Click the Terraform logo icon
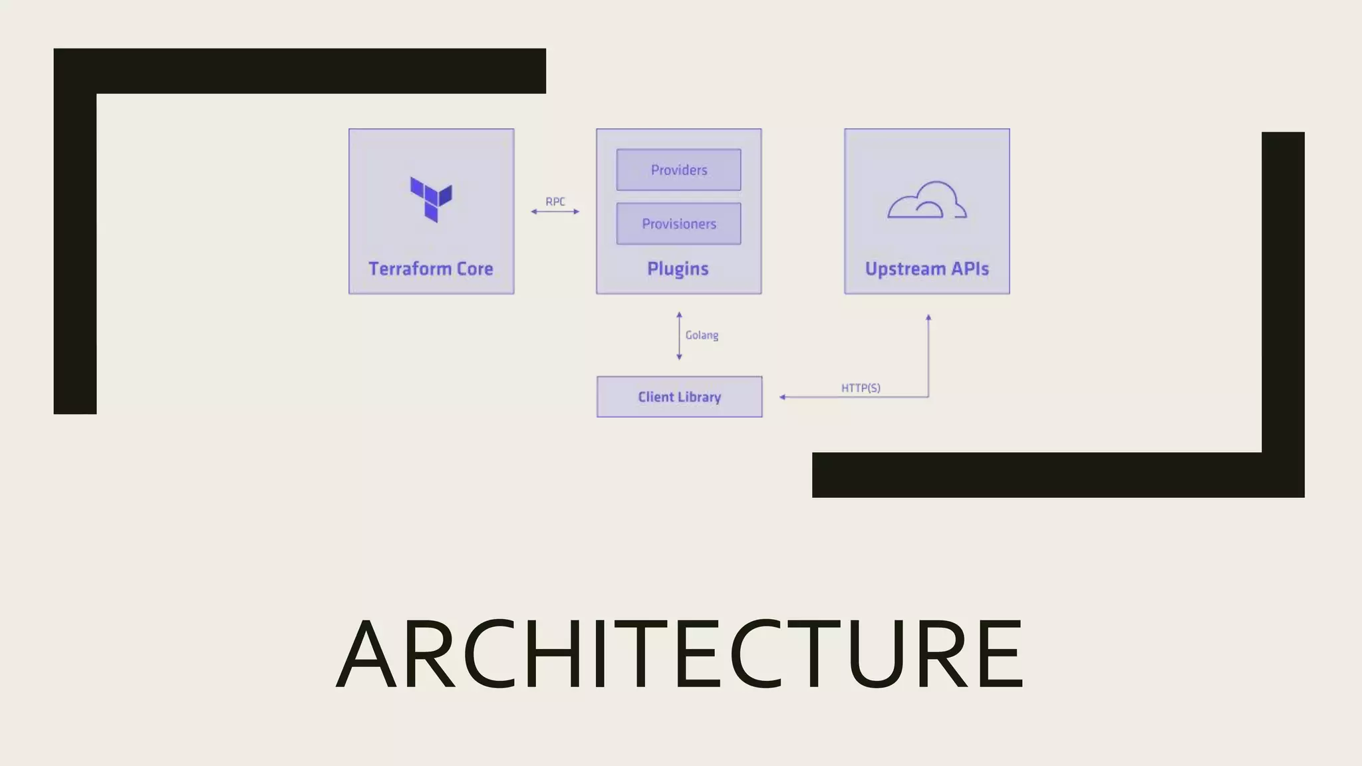tap(431, 199)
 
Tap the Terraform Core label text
tap(431, 269)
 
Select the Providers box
tap(678, 170)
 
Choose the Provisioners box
tap(678, 223)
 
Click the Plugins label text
tap(678, 269)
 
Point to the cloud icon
tap(927, 200)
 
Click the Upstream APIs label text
tap(926, 269)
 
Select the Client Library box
tap(679, 397)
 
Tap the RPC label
tap(555, 201)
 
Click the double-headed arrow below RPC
tap(555, 211)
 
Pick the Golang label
tap(702, 335)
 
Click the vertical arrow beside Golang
tap(679, 336)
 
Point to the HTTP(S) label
tap(861, 388)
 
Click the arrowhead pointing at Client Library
tap(783, 397)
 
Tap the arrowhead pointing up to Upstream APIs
tap(928, 318)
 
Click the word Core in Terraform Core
tap(474, 269)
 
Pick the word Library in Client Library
tap(700, 397)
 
